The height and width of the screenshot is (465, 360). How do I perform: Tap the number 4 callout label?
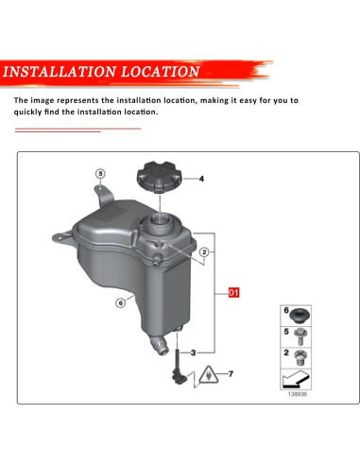tap(200, 179)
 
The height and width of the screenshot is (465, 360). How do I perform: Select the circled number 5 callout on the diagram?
tap(100, 174)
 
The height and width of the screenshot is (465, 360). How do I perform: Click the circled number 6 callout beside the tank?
tap(121, 303)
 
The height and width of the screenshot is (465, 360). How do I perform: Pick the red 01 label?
tap(234, 294)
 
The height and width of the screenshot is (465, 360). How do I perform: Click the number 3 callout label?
tap(194, 353)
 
